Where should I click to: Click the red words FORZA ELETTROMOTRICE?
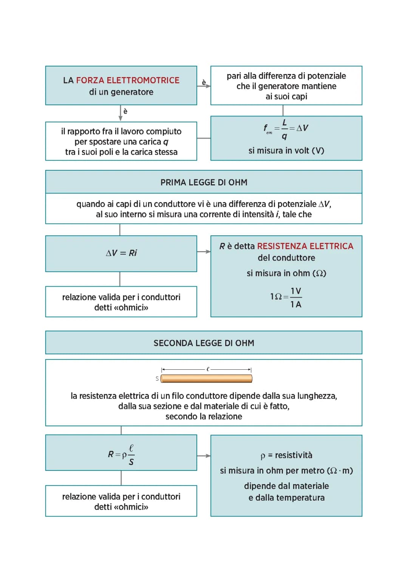(128, 80)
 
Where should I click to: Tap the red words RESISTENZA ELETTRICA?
(305, 246)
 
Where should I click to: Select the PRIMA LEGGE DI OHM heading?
(204, 182)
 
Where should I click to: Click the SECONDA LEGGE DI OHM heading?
(204, 343)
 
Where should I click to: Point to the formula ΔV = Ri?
(121, 253)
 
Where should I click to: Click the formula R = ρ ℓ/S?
(121, 455)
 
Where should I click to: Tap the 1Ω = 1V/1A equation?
(286, 298)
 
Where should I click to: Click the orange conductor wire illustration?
(206, 379)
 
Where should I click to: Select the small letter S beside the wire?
(157, 378)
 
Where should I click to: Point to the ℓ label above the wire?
(208, 369)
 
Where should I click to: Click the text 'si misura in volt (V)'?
(286, 151)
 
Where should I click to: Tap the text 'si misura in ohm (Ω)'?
(286, 273)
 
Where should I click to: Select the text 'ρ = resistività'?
(286, 455)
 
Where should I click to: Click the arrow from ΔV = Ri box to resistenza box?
(204, 251)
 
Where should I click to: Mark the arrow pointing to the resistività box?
(204, 456)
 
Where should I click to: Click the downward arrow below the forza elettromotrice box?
(121, 113)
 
